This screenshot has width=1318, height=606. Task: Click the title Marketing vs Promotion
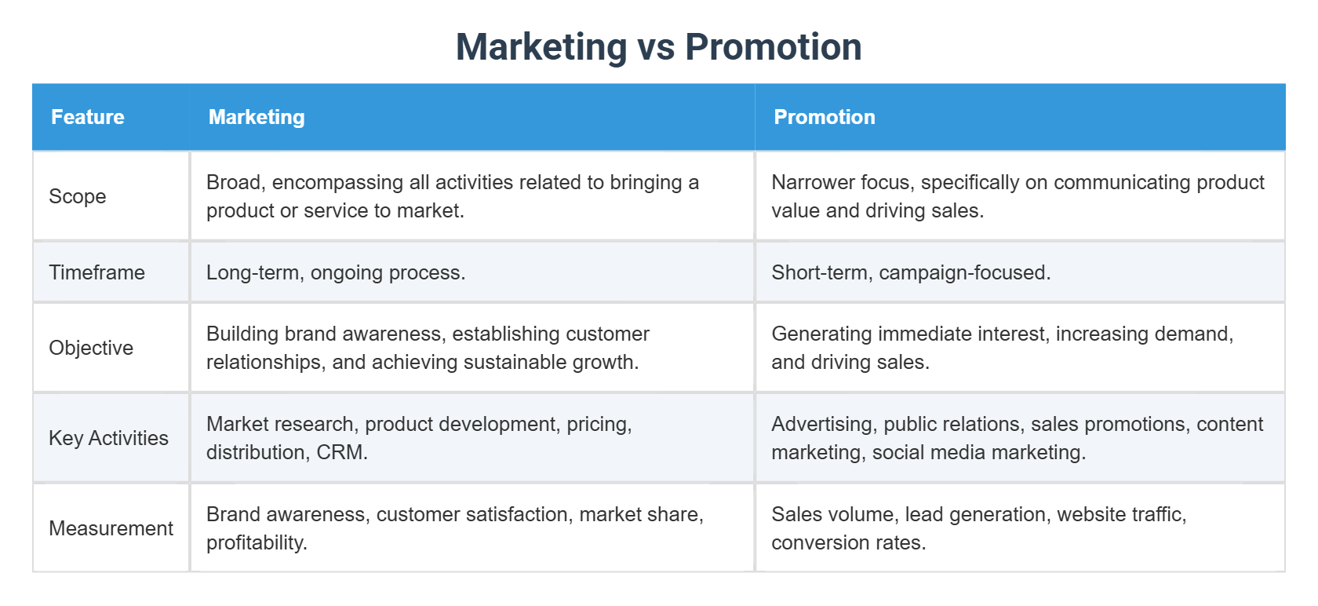point(658,47)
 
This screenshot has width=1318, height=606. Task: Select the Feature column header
point(88,117)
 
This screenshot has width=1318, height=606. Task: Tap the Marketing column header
point(257,117)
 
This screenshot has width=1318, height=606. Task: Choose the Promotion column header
point(824,117)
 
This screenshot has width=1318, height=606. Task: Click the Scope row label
point(78,196)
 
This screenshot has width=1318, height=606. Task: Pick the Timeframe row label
point(96,272)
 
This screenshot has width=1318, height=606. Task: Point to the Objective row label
point(91,348)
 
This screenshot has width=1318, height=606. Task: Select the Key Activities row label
point(108,438)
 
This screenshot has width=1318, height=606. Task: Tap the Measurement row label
point(111,528)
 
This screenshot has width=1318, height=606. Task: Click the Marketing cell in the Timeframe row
point(336,272)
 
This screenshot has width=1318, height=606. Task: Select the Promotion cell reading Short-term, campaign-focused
point(911,272)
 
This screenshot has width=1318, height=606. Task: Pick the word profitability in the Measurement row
point(255,543)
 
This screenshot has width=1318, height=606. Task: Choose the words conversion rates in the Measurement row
point(847,543)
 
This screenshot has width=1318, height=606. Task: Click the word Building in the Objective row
point(242,334)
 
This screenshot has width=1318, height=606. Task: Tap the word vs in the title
point(656,47)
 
